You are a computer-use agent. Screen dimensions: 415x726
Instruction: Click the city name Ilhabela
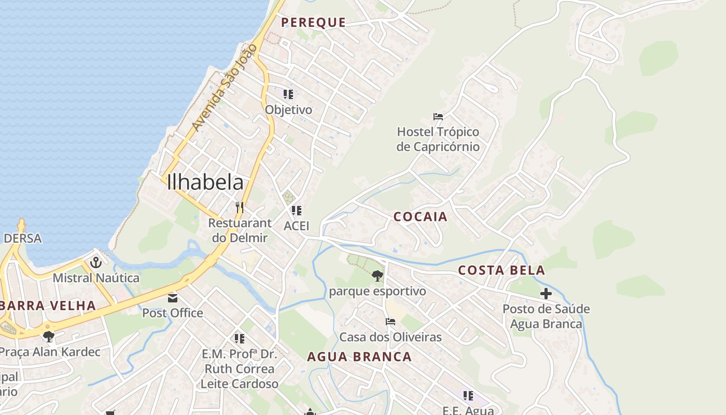[x=205, y=182]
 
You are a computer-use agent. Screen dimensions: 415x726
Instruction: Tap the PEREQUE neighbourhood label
[x=313, y=22]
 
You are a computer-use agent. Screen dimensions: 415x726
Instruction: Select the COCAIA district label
[x=420, y=217]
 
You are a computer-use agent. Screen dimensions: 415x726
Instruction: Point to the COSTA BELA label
[x=501, y=270]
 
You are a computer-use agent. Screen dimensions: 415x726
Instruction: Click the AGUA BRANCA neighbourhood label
[x=359, y=357]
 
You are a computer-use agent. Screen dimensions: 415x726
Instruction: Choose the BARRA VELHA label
[x=48, y=306]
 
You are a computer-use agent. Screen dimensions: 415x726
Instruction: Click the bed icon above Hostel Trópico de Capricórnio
[x=438, y=117]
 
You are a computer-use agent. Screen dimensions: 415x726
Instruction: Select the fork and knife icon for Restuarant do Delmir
[x=240, y=208]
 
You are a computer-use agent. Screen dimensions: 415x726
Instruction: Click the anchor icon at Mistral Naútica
[x=95, y=262]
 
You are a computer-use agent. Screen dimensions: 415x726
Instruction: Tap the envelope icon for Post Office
[x=172, y=298]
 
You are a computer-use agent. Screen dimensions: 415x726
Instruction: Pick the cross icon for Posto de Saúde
[x=546, y=294]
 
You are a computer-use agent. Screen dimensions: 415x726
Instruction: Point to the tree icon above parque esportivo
[x=378, y=276]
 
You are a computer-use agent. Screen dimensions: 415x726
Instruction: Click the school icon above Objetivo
[x=288, y=94]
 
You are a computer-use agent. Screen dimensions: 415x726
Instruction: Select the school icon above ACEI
[x=297, y=211]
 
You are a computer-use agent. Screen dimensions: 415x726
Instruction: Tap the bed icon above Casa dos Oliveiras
[x=390, y=322]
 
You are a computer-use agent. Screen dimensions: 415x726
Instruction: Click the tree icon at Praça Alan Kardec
[x=49, y=337]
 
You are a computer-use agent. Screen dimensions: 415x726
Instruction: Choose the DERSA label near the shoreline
[x=22, y=239]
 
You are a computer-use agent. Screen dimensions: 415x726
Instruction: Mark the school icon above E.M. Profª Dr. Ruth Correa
[x=239, y=339]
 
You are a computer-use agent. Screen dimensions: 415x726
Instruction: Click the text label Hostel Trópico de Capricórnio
[x=438, y=139]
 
